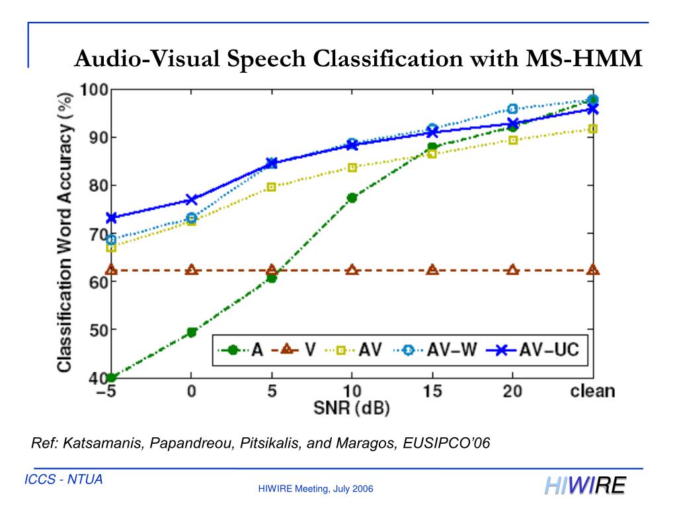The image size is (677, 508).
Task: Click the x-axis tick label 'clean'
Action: pos(592,391)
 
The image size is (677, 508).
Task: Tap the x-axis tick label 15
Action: pos(432,391)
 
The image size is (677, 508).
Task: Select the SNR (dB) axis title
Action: pos(351,408)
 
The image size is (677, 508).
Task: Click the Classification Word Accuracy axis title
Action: pos(64,232)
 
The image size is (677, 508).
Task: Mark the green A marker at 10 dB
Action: pos(352,198)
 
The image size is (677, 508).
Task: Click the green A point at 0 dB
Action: pos(192,332)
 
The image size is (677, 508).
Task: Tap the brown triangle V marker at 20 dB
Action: pos(512,270)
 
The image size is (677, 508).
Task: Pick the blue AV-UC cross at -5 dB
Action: pos(111,218)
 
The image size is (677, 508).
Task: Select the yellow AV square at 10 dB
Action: pos(352,167)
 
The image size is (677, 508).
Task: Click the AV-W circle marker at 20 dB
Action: pos(512,109)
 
